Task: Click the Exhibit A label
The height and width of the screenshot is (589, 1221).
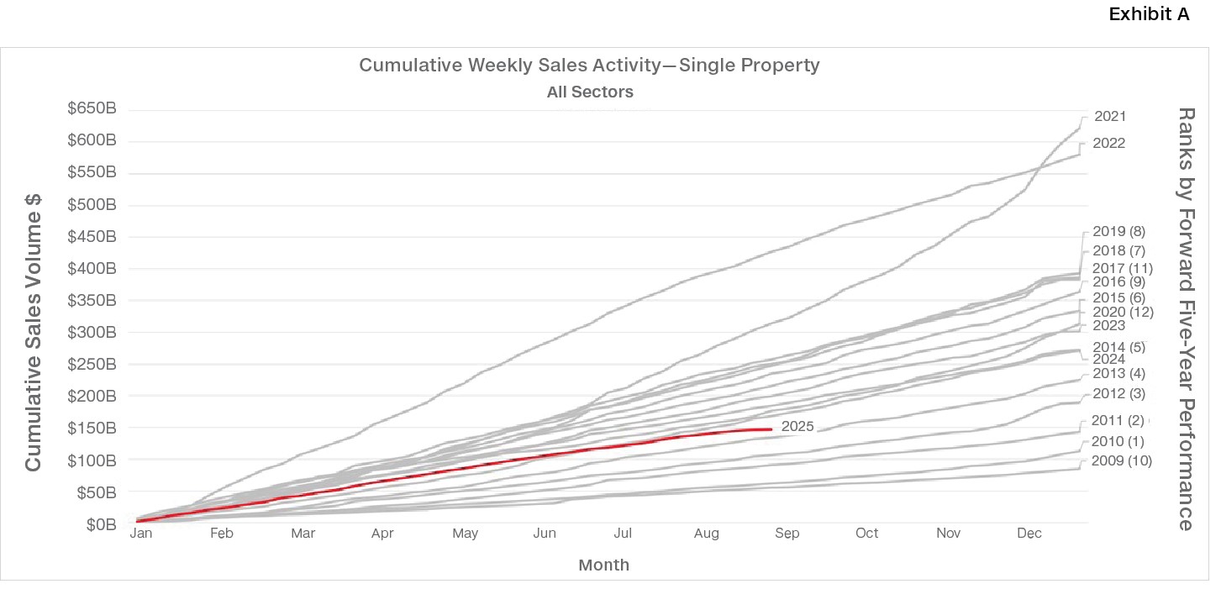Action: click(1149, 15)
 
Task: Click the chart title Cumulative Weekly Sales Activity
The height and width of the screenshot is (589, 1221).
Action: click(589, 65)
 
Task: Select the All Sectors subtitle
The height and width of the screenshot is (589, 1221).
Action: click(590, 92)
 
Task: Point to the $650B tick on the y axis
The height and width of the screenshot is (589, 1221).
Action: click(93, 109)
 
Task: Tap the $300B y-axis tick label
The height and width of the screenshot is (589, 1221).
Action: click(93, 332)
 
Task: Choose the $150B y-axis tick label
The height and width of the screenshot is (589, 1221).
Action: click(93, 429)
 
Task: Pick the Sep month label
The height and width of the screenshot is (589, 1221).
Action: click(787, 534)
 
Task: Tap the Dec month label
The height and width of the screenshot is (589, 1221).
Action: click(1029, 534)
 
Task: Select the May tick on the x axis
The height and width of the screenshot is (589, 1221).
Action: click(465, 534)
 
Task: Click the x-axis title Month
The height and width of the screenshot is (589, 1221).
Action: click(603, 565)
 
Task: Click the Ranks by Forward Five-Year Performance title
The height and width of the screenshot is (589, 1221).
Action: click(1185, 318)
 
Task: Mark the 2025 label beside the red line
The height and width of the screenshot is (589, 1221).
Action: click(797, 427)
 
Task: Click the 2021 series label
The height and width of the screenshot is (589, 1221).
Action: click(1109, 117)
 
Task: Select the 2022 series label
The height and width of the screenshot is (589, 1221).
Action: click(1109, 144)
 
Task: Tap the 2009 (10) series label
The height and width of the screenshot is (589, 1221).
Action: click(1121, 461)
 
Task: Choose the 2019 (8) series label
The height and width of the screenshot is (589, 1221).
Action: click(1118, 232)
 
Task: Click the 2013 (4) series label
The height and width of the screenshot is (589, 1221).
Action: click(1118, 374)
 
